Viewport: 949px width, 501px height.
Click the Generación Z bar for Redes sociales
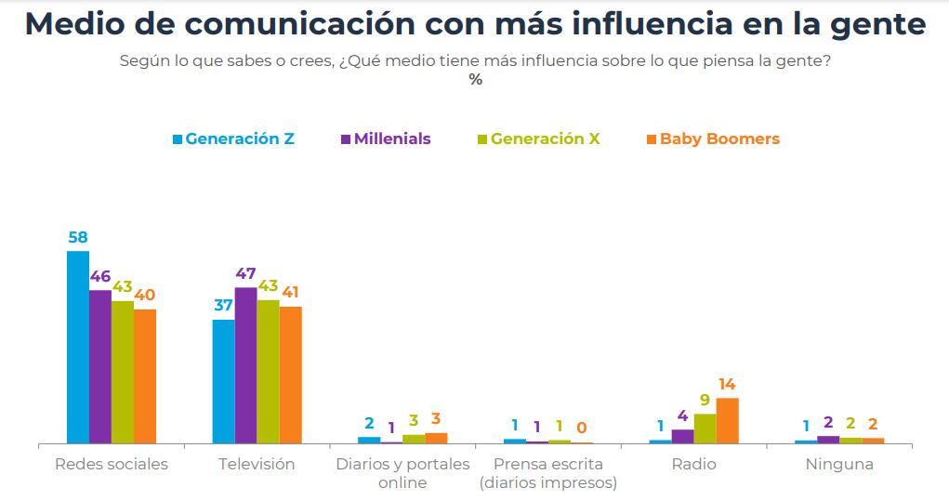point(78,347)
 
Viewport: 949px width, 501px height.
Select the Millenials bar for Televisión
point(245,365)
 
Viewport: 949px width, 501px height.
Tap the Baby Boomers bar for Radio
point(727,420)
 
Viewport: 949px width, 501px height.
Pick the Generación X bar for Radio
point(705,428)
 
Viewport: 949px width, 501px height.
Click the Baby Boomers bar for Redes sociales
point(145,376)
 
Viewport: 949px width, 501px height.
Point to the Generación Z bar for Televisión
point(223,381)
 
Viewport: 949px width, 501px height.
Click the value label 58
point(78,237)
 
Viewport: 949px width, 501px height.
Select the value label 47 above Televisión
point(245,274)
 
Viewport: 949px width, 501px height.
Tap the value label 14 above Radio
point(727,384)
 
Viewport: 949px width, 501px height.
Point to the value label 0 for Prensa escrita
point(582,428)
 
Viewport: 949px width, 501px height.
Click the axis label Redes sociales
point(112,464)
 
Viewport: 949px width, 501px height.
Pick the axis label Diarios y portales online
point(402,473)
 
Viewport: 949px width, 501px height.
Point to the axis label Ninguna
point(839,464)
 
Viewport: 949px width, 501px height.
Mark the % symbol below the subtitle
point(476,80)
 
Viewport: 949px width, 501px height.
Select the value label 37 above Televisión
point(223,306)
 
